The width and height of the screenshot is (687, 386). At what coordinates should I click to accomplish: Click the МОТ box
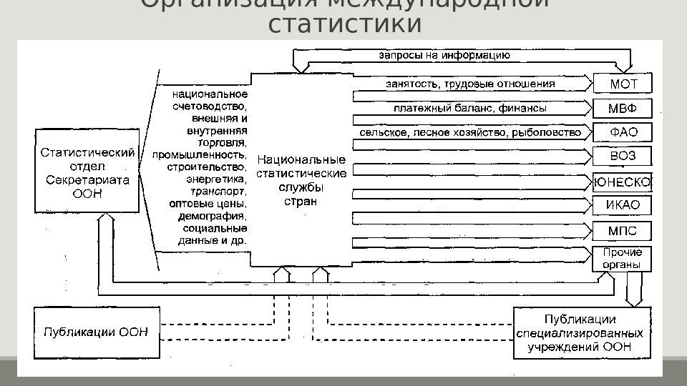point(622,84)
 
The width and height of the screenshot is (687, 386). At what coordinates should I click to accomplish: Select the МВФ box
point(622,109)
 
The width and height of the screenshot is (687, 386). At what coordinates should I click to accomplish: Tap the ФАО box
point(622,133)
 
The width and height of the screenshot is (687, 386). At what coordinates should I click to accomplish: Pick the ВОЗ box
point(622,157)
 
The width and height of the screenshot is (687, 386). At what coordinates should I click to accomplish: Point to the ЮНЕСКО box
point(622,182)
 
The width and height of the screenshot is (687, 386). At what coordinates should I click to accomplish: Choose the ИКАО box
point(622,206)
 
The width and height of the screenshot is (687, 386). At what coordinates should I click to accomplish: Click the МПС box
point(622,231)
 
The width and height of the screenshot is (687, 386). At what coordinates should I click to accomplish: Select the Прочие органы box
point(622,258)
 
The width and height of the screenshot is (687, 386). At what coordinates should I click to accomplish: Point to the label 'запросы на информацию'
point(444,54)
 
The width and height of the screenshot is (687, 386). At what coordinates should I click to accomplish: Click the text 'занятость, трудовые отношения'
point(470,84)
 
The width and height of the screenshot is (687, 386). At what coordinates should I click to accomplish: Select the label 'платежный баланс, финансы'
point(470,109)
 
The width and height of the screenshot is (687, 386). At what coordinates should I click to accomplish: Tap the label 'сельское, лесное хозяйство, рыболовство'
point(470,133)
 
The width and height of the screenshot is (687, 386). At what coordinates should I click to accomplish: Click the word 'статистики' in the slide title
point(344,24)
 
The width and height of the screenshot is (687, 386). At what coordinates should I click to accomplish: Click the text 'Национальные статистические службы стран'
point(301,180)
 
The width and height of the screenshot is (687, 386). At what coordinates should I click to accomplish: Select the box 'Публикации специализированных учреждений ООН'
point(581,332)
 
